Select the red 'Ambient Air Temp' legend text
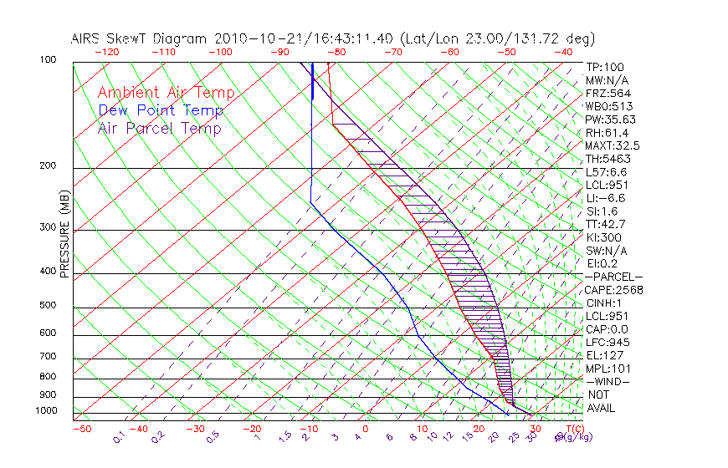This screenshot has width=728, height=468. point(166,93)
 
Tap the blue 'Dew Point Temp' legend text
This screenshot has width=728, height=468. point(161,110)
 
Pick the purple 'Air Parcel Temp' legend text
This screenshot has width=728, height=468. point(160,128)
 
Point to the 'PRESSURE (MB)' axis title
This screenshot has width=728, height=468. point(64,235)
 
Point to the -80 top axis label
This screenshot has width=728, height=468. point(337,52)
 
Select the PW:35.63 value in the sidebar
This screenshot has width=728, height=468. point(611,120)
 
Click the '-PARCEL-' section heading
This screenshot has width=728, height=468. point(613,277)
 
